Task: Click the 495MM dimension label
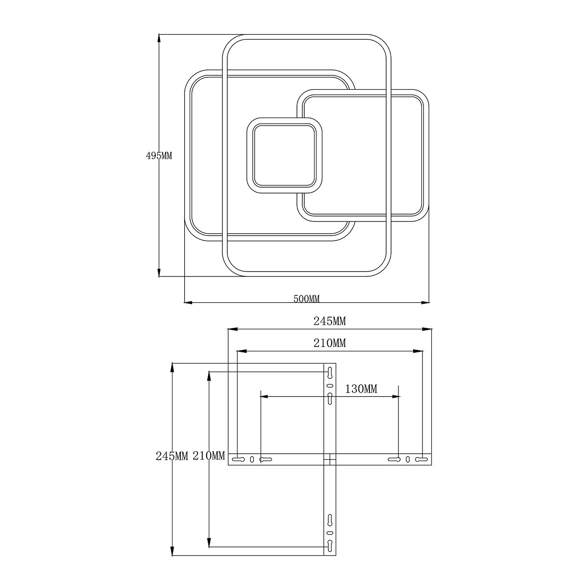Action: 159,156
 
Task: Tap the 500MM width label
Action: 306,299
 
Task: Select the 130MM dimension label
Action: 361,389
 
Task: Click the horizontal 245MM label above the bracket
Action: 330,321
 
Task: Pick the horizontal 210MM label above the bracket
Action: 330,343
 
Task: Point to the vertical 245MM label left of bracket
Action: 172,456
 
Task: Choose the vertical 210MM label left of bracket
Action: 209,456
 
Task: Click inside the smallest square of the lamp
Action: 284,155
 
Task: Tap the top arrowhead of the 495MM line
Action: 159,39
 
